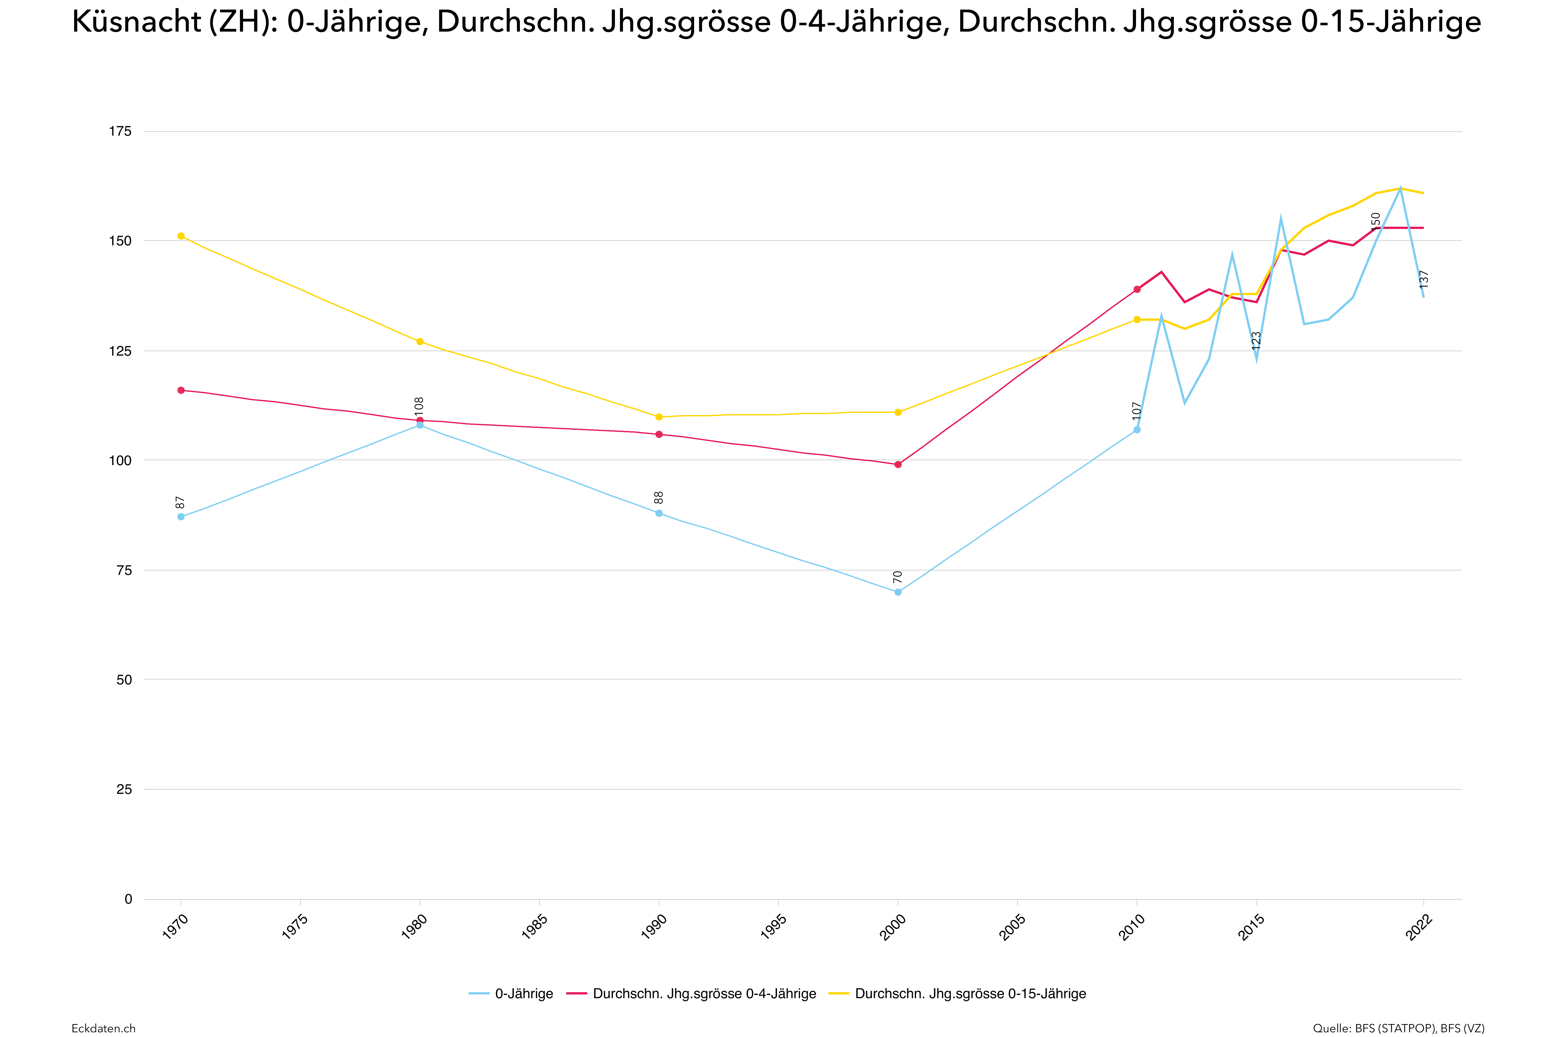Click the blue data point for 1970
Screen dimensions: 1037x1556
click(x=180, y=517)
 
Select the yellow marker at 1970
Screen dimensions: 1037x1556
click(x=180, y=236)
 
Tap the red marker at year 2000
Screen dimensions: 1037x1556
click(x=898, y=464)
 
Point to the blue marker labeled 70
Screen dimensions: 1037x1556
click(x=898, y=592)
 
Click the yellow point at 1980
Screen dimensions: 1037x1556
click(x=419, y=341)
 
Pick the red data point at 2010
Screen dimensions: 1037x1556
click(x=1137, y=289)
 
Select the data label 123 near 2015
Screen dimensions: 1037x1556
click(x=1256, y=341)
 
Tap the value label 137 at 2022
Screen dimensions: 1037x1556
click(x=1424, y=279)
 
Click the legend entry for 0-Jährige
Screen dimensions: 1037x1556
click(x=523, y=993)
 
